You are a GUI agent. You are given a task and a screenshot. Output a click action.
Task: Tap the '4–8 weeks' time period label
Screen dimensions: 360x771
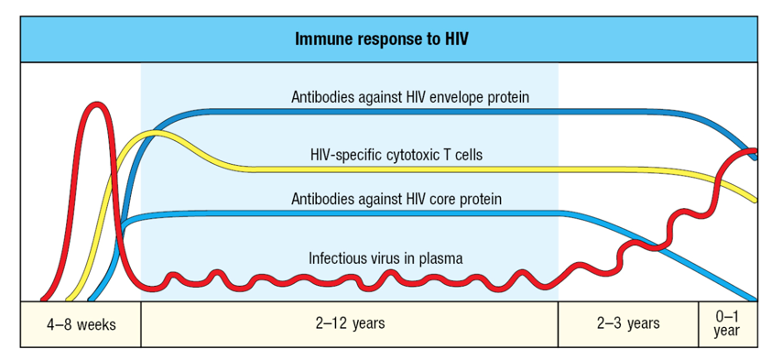pyautogui.click(x=81, y=324)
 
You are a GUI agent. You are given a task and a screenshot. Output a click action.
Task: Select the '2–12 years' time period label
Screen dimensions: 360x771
pyautogui.click(x=350, y=323)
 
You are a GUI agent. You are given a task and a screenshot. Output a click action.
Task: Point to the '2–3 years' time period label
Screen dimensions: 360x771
pyautogui.click(x=628, y=323)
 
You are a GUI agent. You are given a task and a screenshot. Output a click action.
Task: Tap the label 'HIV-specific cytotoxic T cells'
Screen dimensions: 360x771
pyautogui.click(x=396, y=155)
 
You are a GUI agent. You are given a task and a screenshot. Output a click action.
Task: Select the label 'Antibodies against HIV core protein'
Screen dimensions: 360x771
pyautogui.click(x=396, y=198)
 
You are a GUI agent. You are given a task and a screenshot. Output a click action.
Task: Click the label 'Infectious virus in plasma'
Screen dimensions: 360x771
pyautogui.click(x=385, y=258)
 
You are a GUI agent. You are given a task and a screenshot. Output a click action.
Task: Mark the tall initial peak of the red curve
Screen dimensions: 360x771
pyautogui.click(x=96, y=106)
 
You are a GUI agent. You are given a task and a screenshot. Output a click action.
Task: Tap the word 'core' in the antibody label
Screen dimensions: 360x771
pyautogui.click(x=443, y=198)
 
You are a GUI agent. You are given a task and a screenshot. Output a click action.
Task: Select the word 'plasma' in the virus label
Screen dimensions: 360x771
pyautogui.click(x=440, y=258)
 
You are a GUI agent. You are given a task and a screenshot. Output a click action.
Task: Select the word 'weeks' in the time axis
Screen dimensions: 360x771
pyautogui.click(x=96, y=324)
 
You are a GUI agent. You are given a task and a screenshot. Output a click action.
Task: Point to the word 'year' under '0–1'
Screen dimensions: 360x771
pyautogui.click(x=726, y=331)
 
